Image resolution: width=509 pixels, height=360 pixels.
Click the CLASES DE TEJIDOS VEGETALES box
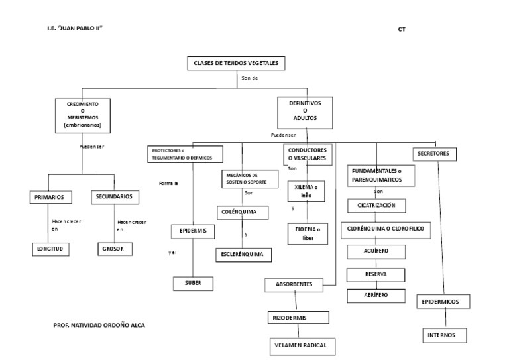pos(237,64)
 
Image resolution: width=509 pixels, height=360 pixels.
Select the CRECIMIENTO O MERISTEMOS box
pos(82,114)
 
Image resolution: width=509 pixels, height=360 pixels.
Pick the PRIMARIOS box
pos(50,197)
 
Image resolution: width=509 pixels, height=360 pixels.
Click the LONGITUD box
pos(50,249)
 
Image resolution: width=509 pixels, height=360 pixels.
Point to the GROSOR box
pos(113,249)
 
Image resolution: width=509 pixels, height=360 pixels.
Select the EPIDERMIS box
pos(193,231)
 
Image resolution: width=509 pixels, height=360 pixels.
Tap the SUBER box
pos(193,283)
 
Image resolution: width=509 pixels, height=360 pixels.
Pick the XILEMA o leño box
pos(306,192)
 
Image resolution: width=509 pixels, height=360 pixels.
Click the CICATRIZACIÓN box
pos(376,206)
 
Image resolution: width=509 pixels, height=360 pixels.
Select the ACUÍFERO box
pos(376,251)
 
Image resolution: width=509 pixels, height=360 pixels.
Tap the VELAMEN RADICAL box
pos(302,346)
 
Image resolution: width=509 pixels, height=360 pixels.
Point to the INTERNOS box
pos(441,335)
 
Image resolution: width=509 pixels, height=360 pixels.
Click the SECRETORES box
pos(433,154)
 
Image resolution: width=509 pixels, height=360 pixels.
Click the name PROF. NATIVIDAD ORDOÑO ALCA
pos(99,326)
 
